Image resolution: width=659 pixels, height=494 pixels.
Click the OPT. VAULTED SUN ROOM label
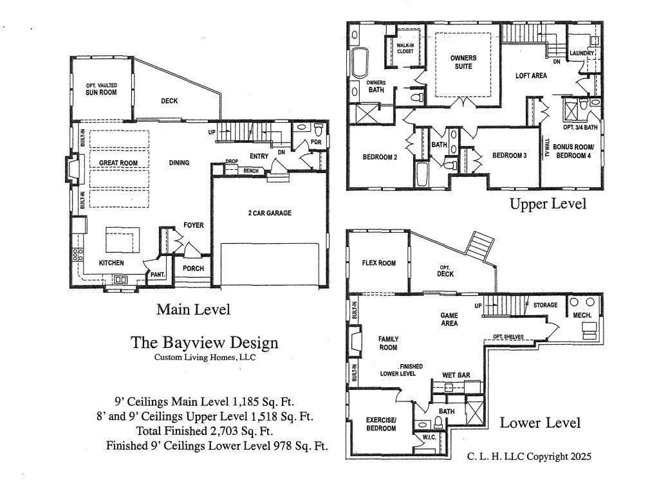(x=101, y=89)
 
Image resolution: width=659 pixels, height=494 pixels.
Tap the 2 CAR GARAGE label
(x=270, y=213)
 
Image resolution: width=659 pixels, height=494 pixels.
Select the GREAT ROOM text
(x=118, y=163)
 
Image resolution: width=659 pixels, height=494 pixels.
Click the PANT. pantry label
(x=158, y=275)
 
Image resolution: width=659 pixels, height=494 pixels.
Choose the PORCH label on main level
(x=192, y=269)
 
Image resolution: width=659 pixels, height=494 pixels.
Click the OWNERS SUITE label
(x=462, y=62)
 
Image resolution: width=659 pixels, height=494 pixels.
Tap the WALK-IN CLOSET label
(x=405, y=48)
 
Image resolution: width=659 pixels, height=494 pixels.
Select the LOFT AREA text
(x=531, y=76)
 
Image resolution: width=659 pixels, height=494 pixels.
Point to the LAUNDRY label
(x=582, y=53)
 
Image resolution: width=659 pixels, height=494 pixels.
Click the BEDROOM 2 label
(x=378, y=156)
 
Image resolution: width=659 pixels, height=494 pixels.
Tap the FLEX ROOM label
(x=378, y=262)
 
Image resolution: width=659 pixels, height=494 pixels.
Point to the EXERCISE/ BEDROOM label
(x=381, y=425)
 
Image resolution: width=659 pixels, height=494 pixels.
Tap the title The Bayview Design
(x=205, y=342)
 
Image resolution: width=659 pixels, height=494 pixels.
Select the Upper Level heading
(x=548, y=205)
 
